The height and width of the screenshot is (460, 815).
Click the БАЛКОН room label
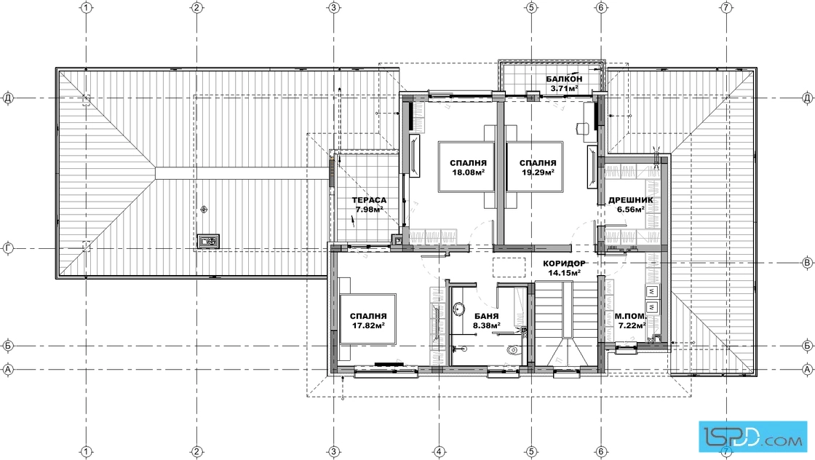click(564, 79)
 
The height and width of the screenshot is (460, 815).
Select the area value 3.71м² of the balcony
click(565, 88)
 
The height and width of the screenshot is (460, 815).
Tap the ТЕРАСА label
click(369, 200)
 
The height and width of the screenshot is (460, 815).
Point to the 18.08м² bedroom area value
click(469, 172)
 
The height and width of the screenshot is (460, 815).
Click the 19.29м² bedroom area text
click(538, 172)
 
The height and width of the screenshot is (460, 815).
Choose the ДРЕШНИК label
click(630, 200)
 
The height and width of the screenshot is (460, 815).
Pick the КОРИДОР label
click(564, 263)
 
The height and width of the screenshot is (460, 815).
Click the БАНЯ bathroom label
click(487, 317)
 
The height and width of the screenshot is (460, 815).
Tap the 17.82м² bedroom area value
click(368, 326)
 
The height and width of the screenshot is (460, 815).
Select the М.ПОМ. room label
click(631, 317)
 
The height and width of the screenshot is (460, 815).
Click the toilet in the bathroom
click(513, 349)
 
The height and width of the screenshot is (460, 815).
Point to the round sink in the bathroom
click(459, 309)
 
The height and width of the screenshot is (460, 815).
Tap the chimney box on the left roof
click(208, 241)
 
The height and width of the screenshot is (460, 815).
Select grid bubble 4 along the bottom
click(439, 451)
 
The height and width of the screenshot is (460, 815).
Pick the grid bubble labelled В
click(807, 263)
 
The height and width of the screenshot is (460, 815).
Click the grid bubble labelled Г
click(8, 249)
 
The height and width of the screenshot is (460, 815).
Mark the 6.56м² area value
click(630, 210)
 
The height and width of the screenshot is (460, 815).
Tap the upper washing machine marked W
click(651, 290)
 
